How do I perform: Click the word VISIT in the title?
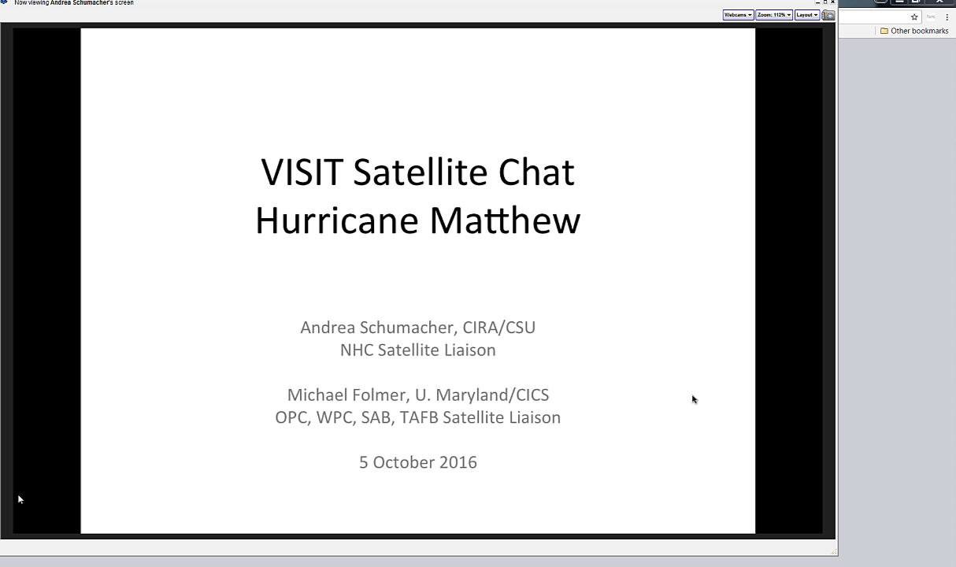click(302, 172)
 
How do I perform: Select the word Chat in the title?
click(536, 172)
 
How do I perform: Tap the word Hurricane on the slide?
click(337, 220)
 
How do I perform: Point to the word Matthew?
click(505, 220)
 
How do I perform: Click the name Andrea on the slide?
click(328, 328)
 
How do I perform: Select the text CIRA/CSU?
click(499, 328)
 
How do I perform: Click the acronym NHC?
click(357, 350)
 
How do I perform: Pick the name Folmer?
click(382, 395)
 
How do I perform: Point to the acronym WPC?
click(336, 417)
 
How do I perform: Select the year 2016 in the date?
click(458, 462)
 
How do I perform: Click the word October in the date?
click(404, 462)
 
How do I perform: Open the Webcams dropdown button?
click(738, 15)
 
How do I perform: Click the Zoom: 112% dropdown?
click(774, 15)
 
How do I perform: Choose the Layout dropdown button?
click(806, 15)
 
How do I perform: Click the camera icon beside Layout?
click(828, 15)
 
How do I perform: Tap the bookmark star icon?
click(914, 17)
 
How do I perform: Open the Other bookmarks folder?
click(914, 31)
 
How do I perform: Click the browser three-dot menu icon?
click(947, 17)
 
